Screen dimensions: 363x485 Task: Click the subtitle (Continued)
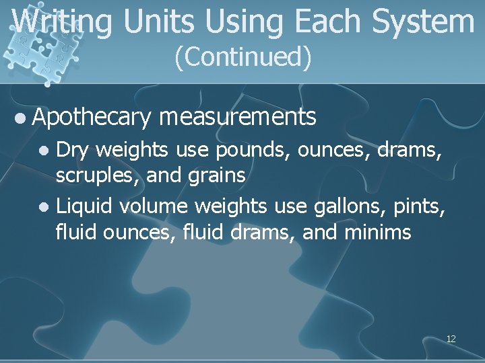tap(243, 58)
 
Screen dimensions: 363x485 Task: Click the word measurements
tap(238, 118)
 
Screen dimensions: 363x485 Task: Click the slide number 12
tap(451, 339)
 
